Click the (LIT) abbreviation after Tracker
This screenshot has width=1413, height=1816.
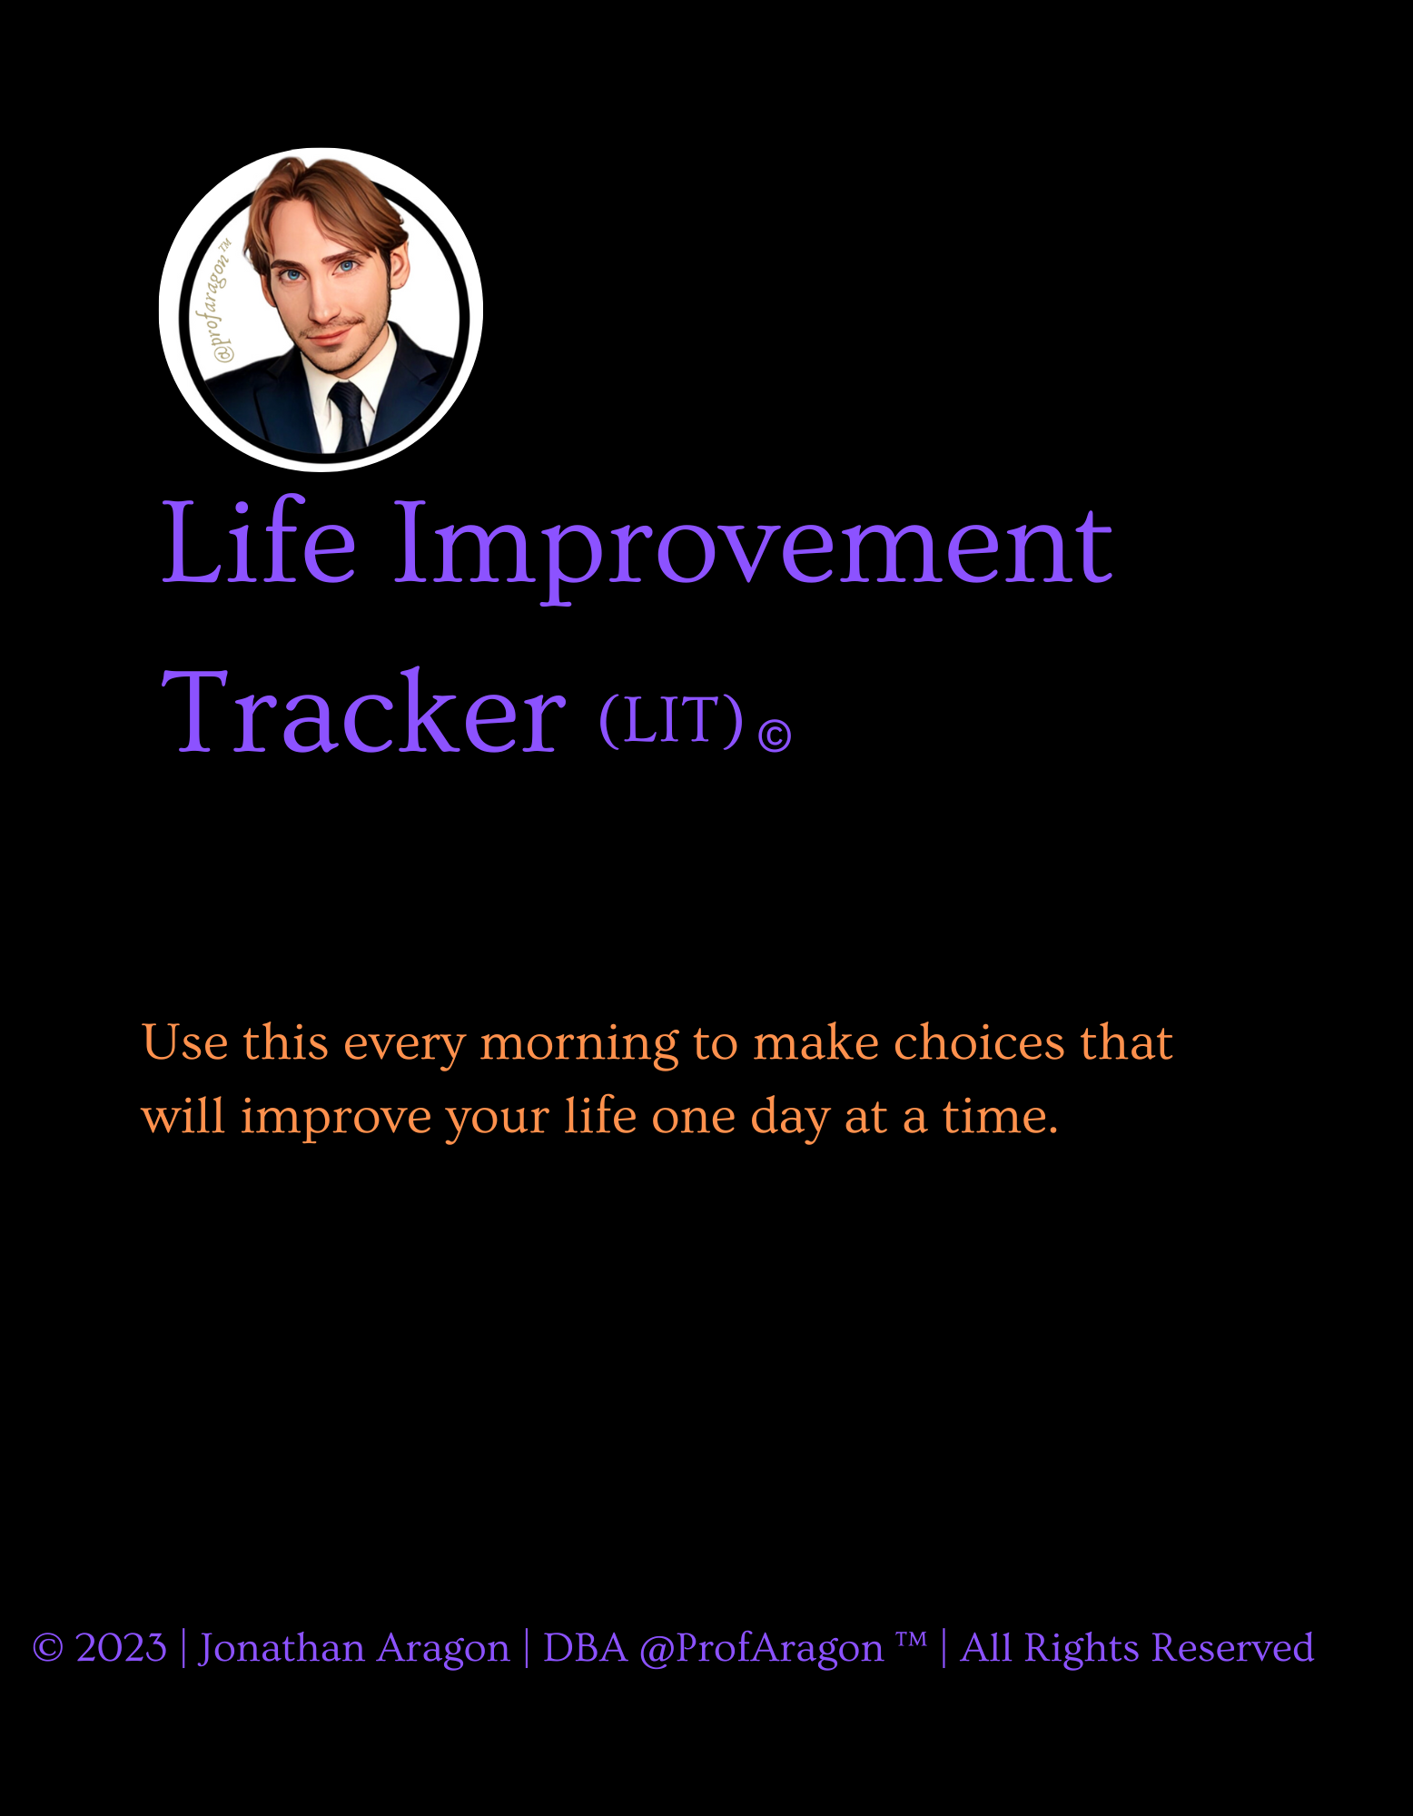671,720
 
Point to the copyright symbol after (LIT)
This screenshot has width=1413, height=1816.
775,735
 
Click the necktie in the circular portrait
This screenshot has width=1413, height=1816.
347,416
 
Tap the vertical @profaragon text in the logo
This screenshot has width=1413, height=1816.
219,301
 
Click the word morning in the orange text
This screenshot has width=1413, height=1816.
579,1043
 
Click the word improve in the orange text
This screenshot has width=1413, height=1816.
335,1117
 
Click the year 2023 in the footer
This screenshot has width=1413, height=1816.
121,1648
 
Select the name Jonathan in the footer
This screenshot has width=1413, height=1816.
282,1648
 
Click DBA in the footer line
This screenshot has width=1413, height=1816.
585,1648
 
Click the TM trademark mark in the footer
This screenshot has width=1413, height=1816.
911,1639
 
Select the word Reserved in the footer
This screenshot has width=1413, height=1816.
1232,1648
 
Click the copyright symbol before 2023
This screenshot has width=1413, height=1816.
48,1649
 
